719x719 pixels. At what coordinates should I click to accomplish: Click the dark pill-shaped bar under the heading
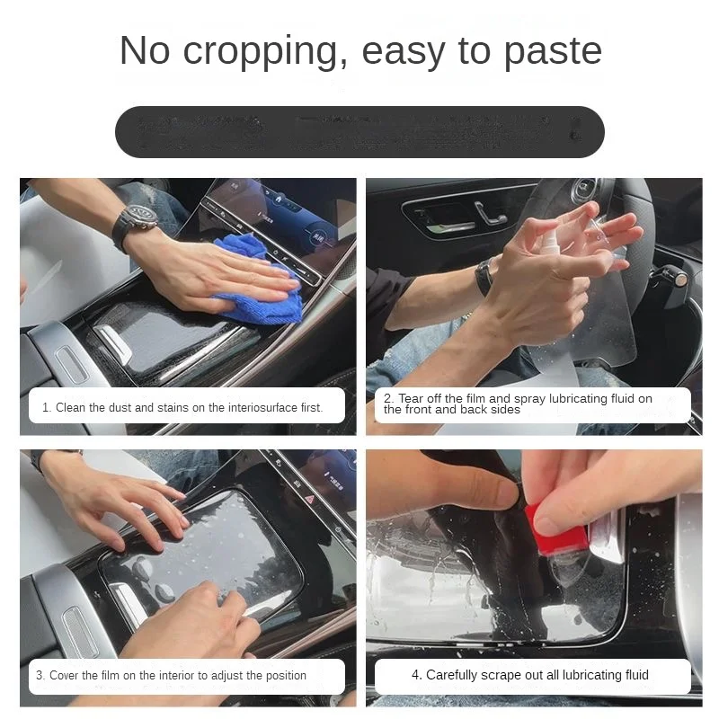pos(359,132)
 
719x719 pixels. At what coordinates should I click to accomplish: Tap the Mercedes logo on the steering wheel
pos(585,191)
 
